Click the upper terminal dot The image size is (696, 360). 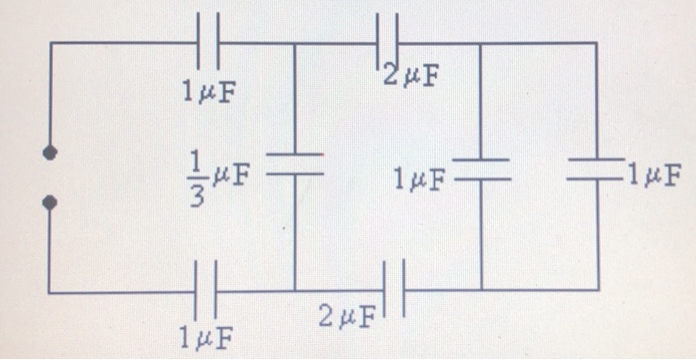click(x=48, y=154)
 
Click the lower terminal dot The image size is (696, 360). click(x=48, y=202)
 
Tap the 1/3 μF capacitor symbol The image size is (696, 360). click(x=295, y=164)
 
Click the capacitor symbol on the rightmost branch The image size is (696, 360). click(x=597, y=170)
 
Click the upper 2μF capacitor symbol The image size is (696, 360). click(x=388, y=42)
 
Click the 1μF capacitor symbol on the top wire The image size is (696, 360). click(x=208, y=42)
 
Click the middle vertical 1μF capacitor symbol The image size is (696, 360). click(x=481, y=170)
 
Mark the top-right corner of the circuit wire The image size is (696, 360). click(x=597, y=43)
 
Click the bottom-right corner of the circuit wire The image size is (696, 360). click(x=597, y=290)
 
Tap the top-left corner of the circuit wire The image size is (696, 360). click(x=48, y=43)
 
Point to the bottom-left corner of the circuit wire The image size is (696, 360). click(x=48, y=292)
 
